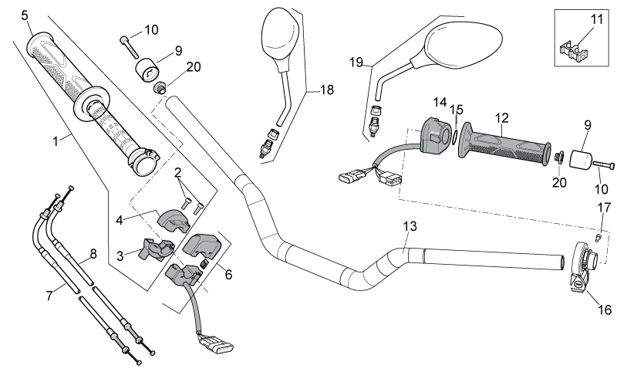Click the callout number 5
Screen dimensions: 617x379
pyautogui.click(x=25, y=15)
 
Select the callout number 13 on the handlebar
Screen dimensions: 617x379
pyautogui.click(x=410, y=226)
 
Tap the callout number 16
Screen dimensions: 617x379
pyautogui.click(x=605, y=310)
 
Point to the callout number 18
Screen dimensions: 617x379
pyautogui.click(x=326, y=90)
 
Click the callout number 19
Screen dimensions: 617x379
pyautogui.click(x=356, y=63)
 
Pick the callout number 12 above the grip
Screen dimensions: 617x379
pyautogui.click(x=502, y=118)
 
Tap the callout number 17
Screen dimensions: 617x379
pyautogui.click(x=604, y=207)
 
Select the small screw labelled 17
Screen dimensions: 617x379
pyautogui.click(x=598, y=237)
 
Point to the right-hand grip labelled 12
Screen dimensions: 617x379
pyautogui.click(x=504, y=144)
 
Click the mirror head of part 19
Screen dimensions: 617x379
pyautogui.click(x=464, y=44)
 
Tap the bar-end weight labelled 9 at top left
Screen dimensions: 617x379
pyautogui.click(x=147, y=70)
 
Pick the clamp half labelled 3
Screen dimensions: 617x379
pyautogui.click(x=156, y=249)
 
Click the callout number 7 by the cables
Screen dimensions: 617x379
pyautogui.click(x=49, y=295)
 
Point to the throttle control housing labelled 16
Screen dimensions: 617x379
pyautogui.click(x=582, y=266)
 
